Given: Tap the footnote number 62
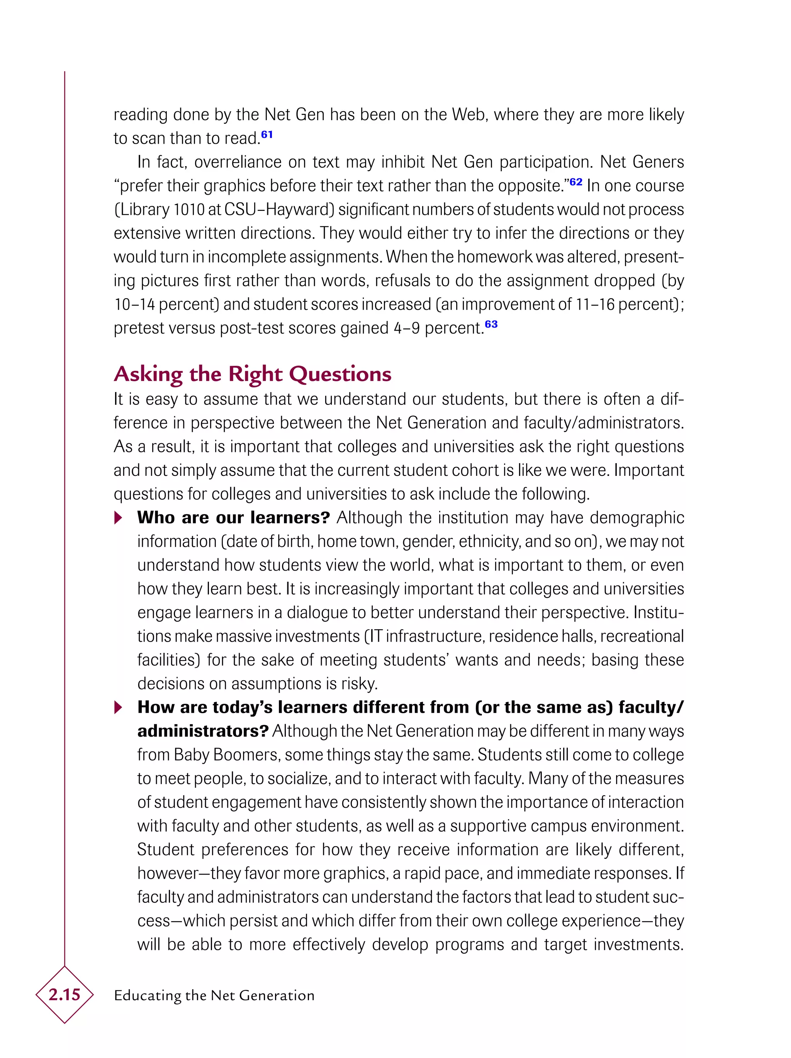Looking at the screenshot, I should [x=576, y=182].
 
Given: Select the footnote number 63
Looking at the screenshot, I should [x=491, y=324].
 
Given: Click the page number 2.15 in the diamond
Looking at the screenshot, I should [x=64, y=995].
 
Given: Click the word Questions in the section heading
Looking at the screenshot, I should [x=340, y=374].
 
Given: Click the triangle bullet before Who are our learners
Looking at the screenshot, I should [x=118, y=518].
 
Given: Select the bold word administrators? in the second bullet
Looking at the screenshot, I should [x=203, y=731].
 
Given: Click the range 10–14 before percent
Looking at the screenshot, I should [x=134, y=304].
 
